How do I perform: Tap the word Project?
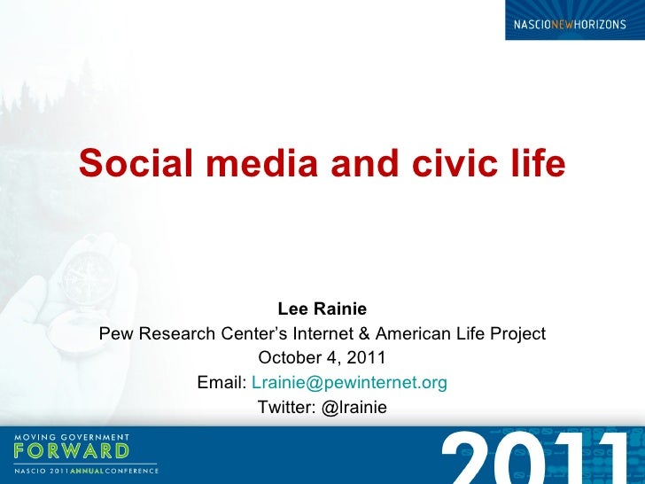point(518,334)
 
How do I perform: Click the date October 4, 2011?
point(322,358)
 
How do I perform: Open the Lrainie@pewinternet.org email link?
point(350,383)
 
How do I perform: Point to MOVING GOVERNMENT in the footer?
point(72,437)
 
